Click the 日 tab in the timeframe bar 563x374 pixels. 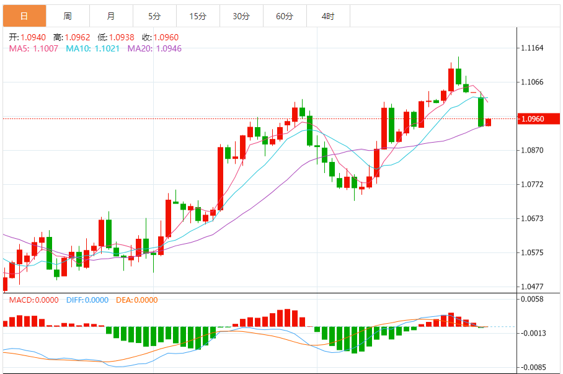click(24, 16)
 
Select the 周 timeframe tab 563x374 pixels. click(68, 16)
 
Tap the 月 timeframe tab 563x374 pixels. click(111, 16)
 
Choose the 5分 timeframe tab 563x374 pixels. click(154, 16)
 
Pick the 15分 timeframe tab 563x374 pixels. click(198, 16)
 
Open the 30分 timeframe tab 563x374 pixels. click(241, 16)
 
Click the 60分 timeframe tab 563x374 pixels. click(285, 16)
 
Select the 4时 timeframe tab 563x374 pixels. click(328, 16)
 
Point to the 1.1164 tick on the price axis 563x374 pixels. click(531, 48)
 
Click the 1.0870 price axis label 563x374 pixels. click(531, 151)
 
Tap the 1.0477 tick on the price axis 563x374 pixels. click(531, 287)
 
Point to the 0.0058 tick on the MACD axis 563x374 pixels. click(531, 299)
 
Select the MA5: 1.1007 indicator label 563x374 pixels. click(33, 48)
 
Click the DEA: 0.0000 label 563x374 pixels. click(137, 300)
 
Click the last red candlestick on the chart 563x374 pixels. click(488, 122)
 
